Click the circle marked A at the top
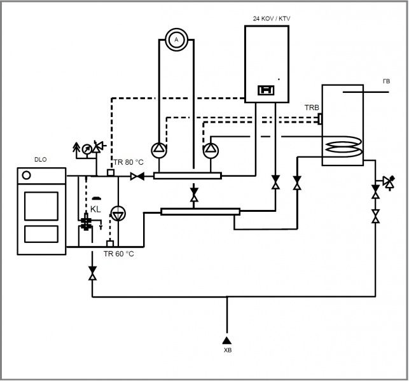pyautogui.click(x=176, y=39)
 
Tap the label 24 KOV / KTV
pyautogui.click(x=272, y=18)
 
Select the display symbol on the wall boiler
pyautogui.click(x=265, y=90)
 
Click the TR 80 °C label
pyautogui.click(x=128, y=162)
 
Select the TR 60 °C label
pyautogui.click(x=120, y=253)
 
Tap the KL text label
pyautogui.click(x=95, y=209)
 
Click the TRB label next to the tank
pyautogui.click(x=312, y=107)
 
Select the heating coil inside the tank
pyautogui.click(x=344, y=148)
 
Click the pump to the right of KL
pyautogui.click(x=118, y=212)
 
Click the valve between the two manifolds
pyautogui.click(x=194, y=193)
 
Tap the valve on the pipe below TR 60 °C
pyautogui.click(x=93, y=275)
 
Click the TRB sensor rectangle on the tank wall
pyautogui.click(x=320, y=118)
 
